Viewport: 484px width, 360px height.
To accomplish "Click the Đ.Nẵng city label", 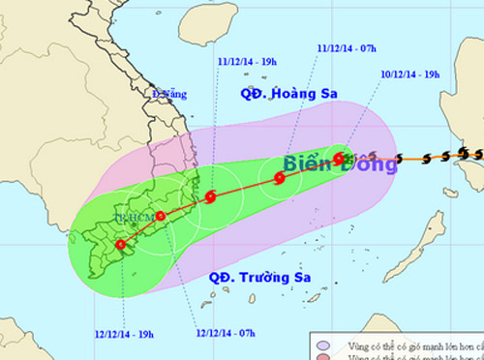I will [167, 94].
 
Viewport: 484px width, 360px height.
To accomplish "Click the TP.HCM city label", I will [132, 220].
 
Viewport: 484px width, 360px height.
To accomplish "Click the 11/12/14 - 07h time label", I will [347, 45].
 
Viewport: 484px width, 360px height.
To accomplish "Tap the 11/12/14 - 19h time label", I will [247, 60].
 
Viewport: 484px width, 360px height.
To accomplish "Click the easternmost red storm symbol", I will [339, 159].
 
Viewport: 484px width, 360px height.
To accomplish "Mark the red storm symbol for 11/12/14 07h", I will [280, 177].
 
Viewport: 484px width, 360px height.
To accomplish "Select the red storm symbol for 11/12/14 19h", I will [210, 198].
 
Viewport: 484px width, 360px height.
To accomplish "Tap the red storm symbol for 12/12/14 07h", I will [161, 217].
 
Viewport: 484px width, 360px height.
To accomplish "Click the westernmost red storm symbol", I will [120, 245].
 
